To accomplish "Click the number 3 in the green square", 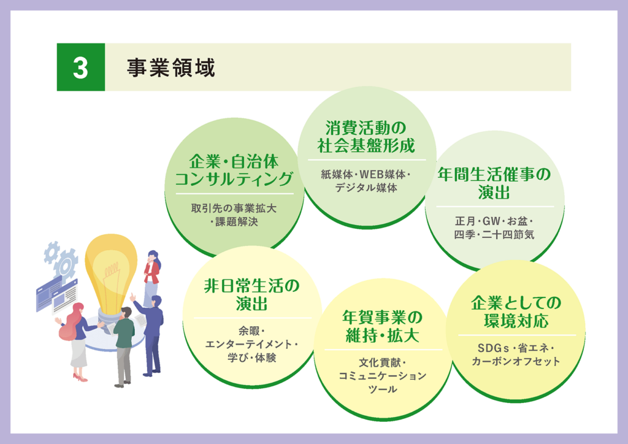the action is [x=80, y=67].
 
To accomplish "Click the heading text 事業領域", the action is [x=171, y=67].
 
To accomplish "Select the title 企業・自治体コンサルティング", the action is [x=234, y=170].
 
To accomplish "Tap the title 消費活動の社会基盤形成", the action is [x=367, y=137].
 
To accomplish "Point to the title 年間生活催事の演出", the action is [x=494, y=183].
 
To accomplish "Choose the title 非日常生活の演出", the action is [x=251, y=294].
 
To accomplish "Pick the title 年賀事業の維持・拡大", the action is [x=383, y=326].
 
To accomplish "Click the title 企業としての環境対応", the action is [x=516, y=312].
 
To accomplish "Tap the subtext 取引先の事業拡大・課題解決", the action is [x=234, y=215].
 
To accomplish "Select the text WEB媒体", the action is [x=383, y=175].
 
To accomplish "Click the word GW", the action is [x=491, y=221].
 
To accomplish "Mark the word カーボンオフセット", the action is [x=516, y=361].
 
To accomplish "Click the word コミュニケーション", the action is [x=383, y=376].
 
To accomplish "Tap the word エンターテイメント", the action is [x=248, y=344].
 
